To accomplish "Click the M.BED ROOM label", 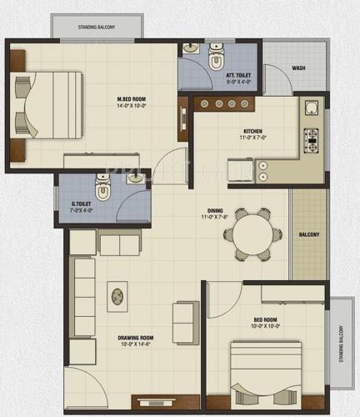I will point(132,99).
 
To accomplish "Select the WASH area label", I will point(297,68).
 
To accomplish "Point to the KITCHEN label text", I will point(253,130).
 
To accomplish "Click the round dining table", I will point(252,234).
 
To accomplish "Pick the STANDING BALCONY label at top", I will point(97,27).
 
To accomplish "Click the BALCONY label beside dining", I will point(309,234).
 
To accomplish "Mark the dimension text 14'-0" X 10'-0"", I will point(132,107).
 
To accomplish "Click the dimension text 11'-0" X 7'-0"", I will point(253,138).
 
